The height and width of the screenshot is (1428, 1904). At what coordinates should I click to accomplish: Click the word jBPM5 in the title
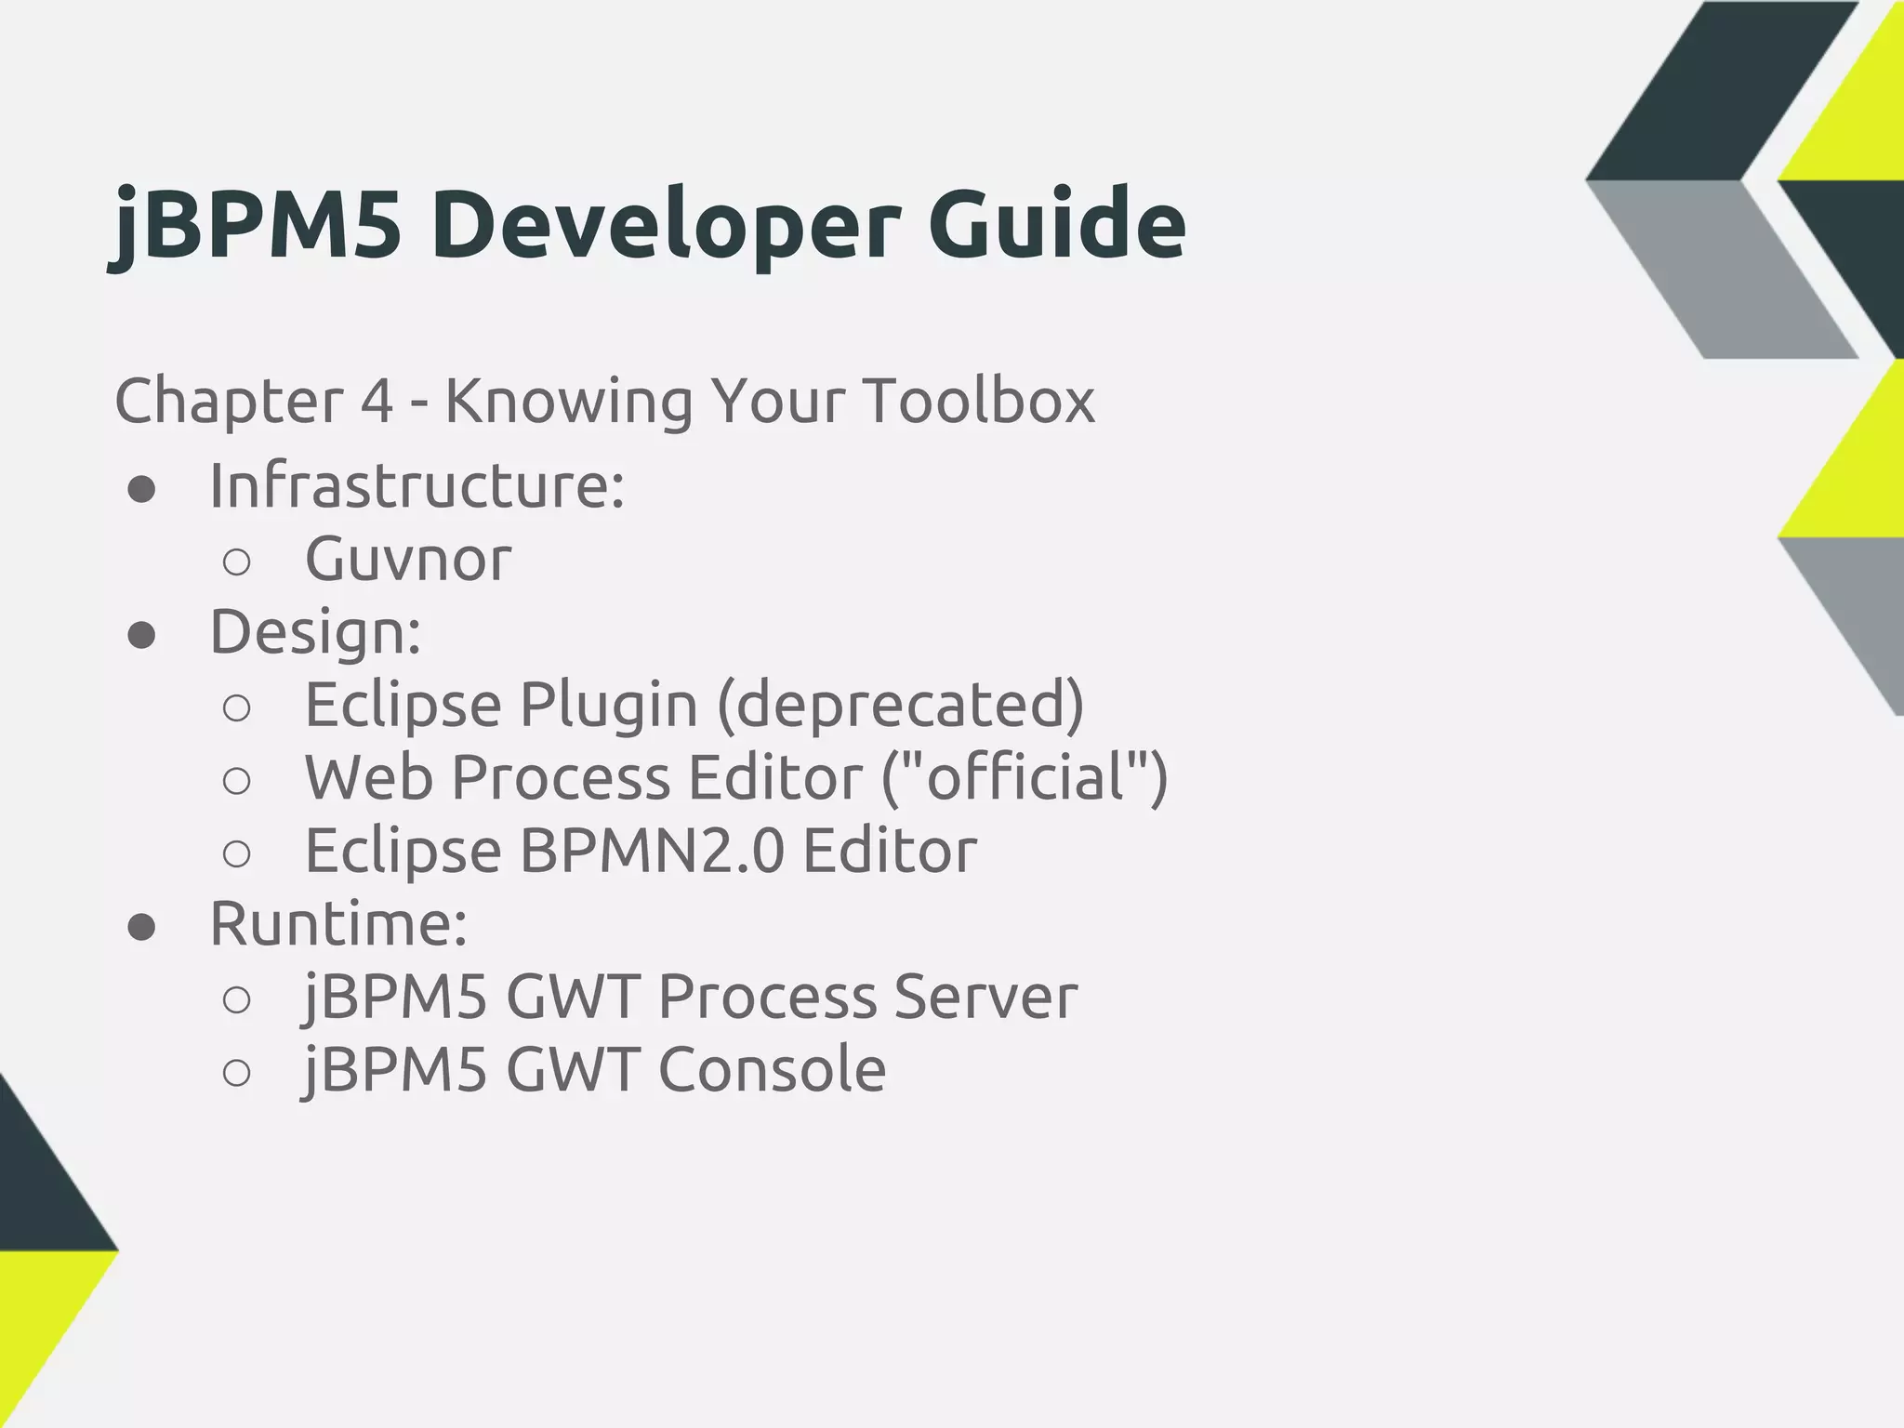(256, 225)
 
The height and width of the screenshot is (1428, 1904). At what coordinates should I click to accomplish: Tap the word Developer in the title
(665, 225)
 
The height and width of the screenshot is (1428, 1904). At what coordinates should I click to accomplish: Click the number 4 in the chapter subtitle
(377, 402)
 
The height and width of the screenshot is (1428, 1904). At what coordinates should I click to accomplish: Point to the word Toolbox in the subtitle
(979, 401)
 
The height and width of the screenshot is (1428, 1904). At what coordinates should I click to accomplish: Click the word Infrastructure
(416, 485)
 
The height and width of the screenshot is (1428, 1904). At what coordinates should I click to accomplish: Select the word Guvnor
(408, 559)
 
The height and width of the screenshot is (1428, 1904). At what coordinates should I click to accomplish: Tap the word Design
(315, 631)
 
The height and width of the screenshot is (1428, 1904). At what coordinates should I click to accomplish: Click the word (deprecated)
(900, 705)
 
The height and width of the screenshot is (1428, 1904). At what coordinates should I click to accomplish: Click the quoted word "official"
(1024, 777)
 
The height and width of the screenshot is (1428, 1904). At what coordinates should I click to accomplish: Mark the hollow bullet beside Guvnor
(237, 562)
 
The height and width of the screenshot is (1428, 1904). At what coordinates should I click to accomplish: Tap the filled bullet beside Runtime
(141, 927)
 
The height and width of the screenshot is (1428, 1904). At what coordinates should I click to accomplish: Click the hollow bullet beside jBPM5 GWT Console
(237, 1073)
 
